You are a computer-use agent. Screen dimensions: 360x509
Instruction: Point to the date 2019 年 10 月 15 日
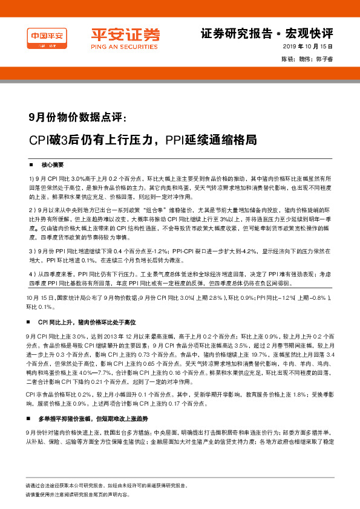point(308,47)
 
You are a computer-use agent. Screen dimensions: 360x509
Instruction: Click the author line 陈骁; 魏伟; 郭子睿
point(307,59)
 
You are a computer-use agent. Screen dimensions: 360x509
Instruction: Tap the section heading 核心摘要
point(53,165)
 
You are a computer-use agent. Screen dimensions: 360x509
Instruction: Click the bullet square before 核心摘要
point(31,165)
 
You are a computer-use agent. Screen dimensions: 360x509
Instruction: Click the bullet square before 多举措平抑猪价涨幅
point(31,418)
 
